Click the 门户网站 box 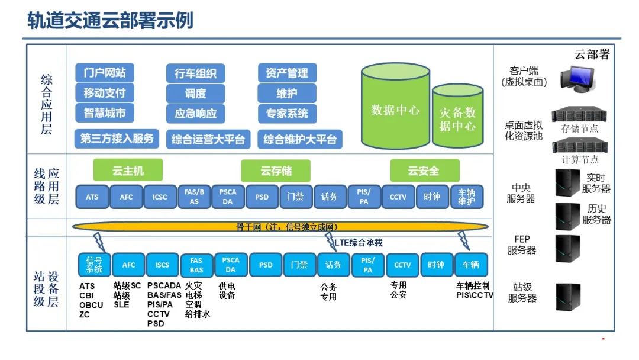(104, 73)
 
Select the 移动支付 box (104, 93)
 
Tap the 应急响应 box (196, 113)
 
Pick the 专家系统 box (288, 113)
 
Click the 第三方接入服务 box (117, 139)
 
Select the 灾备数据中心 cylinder (457, 118)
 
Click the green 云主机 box (128, 171)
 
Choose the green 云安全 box (424, 171)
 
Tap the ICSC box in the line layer (160, 197)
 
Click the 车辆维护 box (466, 197)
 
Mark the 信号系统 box (94, 265)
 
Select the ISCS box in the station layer (162, 265)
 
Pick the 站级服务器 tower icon (567, 297)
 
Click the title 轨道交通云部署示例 (111, 21)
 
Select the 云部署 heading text (591, 54)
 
